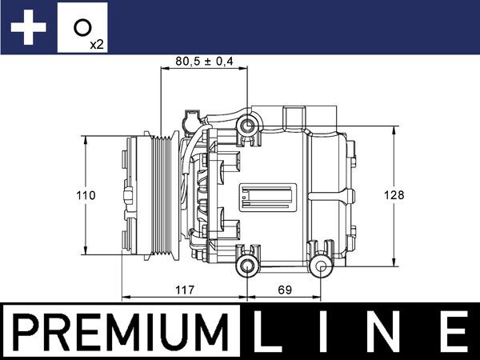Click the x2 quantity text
tap(97, 43)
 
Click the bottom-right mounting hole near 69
tap(322, 266)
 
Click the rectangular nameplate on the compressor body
tap(270, 195)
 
